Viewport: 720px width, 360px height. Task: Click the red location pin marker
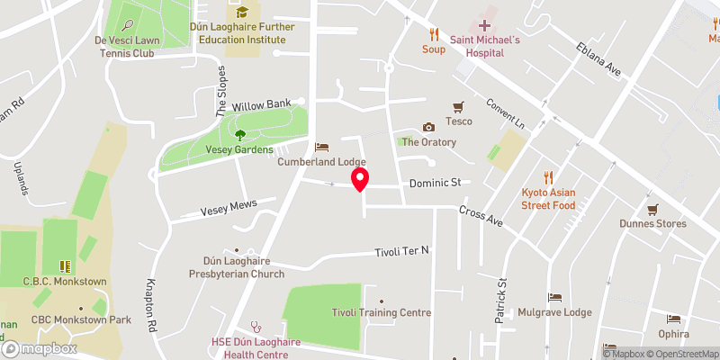[x=360, y=179]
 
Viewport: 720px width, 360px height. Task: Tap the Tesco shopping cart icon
[x=459, y=106]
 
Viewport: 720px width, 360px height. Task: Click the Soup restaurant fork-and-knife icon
[x=434, y=34]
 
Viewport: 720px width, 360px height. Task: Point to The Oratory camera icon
[x=428, y=127]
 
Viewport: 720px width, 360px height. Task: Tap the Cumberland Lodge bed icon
[x=321, y=147]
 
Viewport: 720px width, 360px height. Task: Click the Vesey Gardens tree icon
[x=240, y=135]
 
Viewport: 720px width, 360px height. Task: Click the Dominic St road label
[x=435, y=183]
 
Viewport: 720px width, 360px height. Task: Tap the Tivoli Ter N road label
[x=402, y=251]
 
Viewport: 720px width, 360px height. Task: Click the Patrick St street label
[x=502, y=301]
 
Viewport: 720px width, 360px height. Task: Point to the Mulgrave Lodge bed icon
[x=554, y=298]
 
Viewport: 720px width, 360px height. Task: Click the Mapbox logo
[x=39, y=348]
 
